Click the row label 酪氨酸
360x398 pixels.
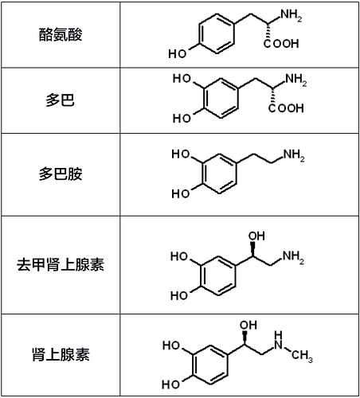(x=61, y=35)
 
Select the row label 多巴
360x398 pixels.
(x=61, y=100)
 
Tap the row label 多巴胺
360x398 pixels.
(x=61, y=174)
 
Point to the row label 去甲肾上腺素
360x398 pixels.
(x=61, y=264)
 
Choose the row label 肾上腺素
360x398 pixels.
(x=61, y=354)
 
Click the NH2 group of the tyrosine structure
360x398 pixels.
(x=292, y=15)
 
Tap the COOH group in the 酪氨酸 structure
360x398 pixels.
(x=281, y=44)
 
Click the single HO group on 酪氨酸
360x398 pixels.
(x=178, y=53)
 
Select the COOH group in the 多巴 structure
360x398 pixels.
(x=286, y=108)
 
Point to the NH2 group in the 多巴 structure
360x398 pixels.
(x=296, y=80)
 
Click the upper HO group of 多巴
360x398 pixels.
(x=182, y=79)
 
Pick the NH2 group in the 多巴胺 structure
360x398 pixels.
(x=294, y=155)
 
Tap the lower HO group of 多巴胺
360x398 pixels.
(x=181, y=193)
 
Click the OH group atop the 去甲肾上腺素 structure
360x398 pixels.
(x=256, y=236)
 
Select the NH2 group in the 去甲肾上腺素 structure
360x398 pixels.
(x=293, y=257)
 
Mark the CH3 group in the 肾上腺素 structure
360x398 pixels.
(x=302, y=356)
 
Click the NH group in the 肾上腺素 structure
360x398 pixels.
(x=278, y=341)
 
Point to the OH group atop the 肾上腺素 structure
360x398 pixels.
(x=248, y=326)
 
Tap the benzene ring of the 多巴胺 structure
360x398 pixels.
(x=219, y=174)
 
